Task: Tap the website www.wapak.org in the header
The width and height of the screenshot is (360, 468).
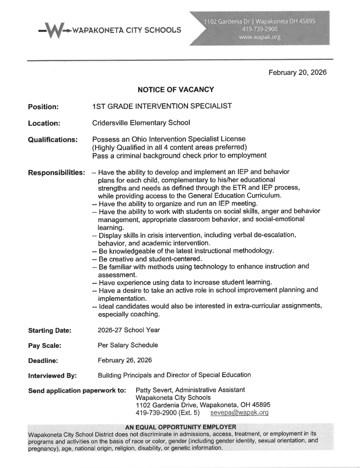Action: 259,37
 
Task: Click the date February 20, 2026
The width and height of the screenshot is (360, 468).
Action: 297,72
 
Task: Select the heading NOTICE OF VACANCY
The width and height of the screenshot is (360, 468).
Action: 176,90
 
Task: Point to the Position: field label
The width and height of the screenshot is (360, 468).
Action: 43,107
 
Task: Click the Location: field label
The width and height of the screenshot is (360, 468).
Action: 44,123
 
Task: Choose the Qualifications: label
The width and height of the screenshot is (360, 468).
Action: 53,139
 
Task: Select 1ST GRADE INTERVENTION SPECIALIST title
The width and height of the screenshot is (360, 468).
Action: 161,106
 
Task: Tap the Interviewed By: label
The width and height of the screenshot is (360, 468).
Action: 52,376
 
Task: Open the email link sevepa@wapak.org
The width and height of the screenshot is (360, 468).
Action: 239,413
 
